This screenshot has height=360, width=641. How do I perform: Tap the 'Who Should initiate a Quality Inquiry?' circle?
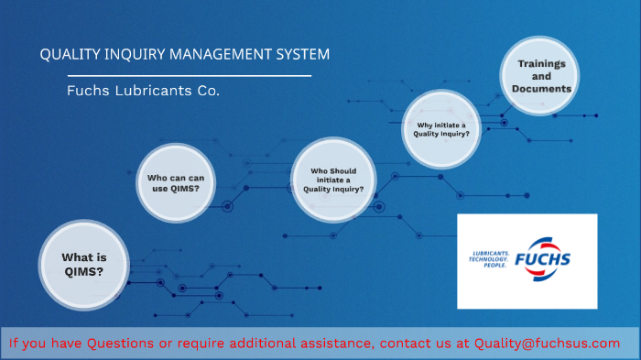click(x=333, y=180)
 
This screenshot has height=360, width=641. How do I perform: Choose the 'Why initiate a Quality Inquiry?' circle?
click(x=442, y=128)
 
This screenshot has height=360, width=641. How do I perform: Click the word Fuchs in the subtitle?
click(x=88, y=92)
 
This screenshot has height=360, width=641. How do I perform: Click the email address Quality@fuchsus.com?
click(x=547, y=343)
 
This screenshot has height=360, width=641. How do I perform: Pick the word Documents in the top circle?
click(x=541, y=89)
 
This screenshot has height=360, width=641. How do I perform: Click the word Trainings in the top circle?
click(x=541, y=63)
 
